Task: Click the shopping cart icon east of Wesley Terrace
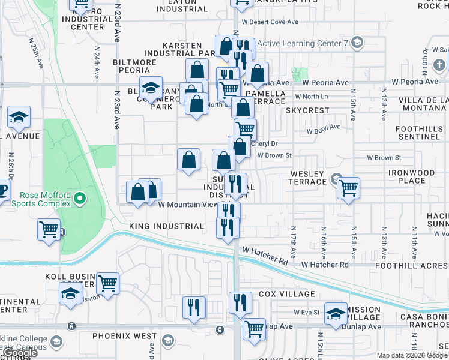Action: (x=348, y=187)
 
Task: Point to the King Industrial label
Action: (x=166, y=226)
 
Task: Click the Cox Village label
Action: (x=286, y=295)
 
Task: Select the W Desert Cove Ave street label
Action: (x=270, y=22)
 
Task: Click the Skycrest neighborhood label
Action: (x=307, y=111)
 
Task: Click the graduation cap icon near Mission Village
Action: (x=336, y=313)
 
